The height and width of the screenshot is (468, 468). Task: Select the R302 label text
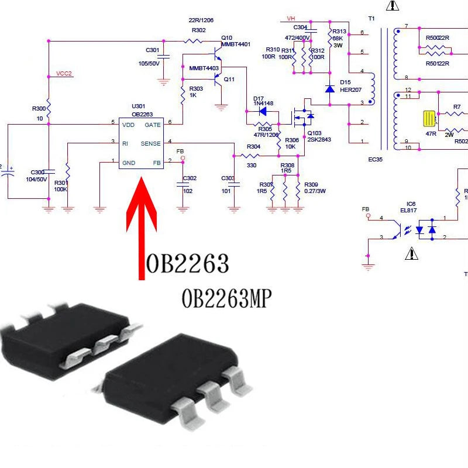point(198,30)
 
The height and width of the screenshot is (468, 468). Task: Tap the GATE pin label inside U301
point(153,125)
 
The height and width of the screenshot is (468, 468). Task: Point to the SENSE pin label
point(150,143)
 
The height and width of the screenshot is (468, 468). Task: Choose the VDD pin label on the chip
point(128,125)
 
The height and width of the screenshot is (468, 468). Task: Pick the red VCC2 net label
point(64,74)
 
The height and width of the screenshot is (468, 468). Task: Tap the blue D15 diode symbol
point(329,89)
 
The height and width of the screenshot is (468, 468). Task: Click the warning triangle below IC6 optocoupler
point(412,253)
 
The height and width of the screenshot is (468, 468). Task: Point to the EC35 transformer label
point(375,159)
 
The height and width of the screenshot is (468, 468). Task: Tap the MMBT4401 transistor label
point(236,44)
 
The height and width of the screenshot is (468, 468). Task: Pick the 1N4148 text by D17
point(263,104)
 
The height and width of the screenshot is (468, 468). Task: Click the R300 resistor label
point(39,109)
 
